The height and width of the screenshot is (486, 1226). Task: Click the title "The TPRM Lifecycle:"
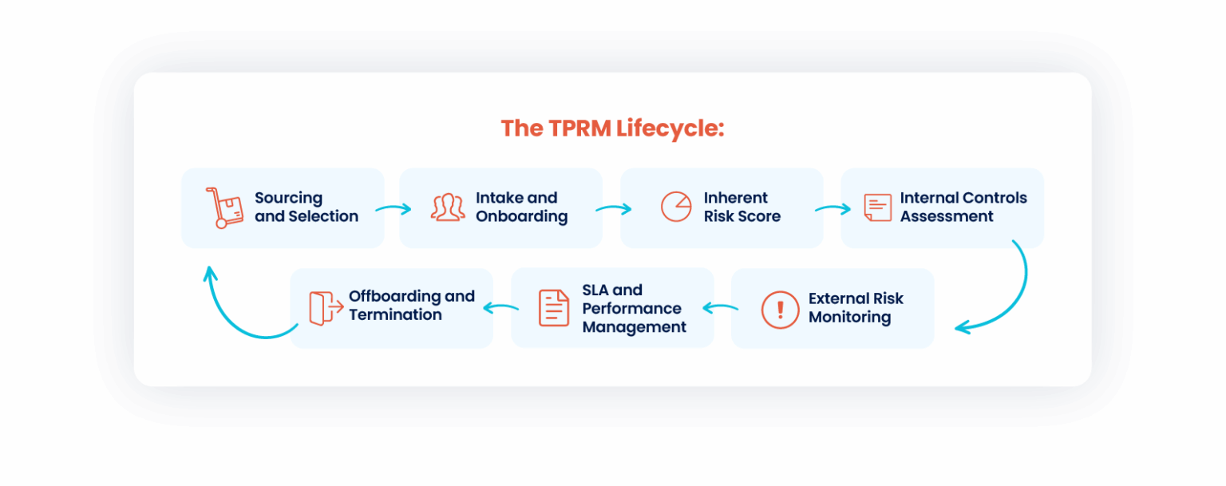tap(612, 128)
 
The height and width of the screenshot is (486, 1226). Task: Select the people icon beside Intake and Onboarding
tap(448, 207)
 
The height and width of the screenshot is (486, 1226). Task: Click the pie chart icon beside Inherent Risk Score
tap(675, 206)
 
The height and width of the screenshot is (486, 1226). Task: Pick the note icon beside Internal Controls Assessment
tap(878, 207)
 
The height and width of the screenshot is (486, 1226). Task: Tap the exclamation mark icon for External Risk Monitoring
tap(780, 309)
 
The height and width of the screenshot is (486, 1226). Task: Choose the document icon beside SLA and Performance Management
tap(554, 308)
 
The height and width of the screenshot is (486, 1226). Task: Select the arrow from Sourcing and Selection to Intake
tap(393, 209)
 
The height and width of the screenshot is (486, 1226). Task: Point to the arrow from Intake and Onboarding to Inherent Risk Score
tap(613, 209)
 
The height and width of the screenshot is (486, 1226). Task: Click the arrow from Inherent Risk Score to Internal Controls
tap(832, 209)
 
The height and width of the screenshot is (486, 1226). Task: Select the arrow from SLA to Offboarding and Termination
tap(501, 307)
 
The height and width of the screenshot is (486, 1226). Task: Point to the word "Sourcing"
tap(288, 198)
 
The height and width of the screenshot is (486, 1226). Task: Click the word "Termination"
tap(395, 315)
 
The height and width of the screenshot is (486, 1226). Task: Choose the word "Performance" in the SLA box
tap(631, 308)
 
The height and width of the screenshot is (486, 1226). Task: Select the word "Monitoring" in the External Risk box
tap(849, 317)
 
